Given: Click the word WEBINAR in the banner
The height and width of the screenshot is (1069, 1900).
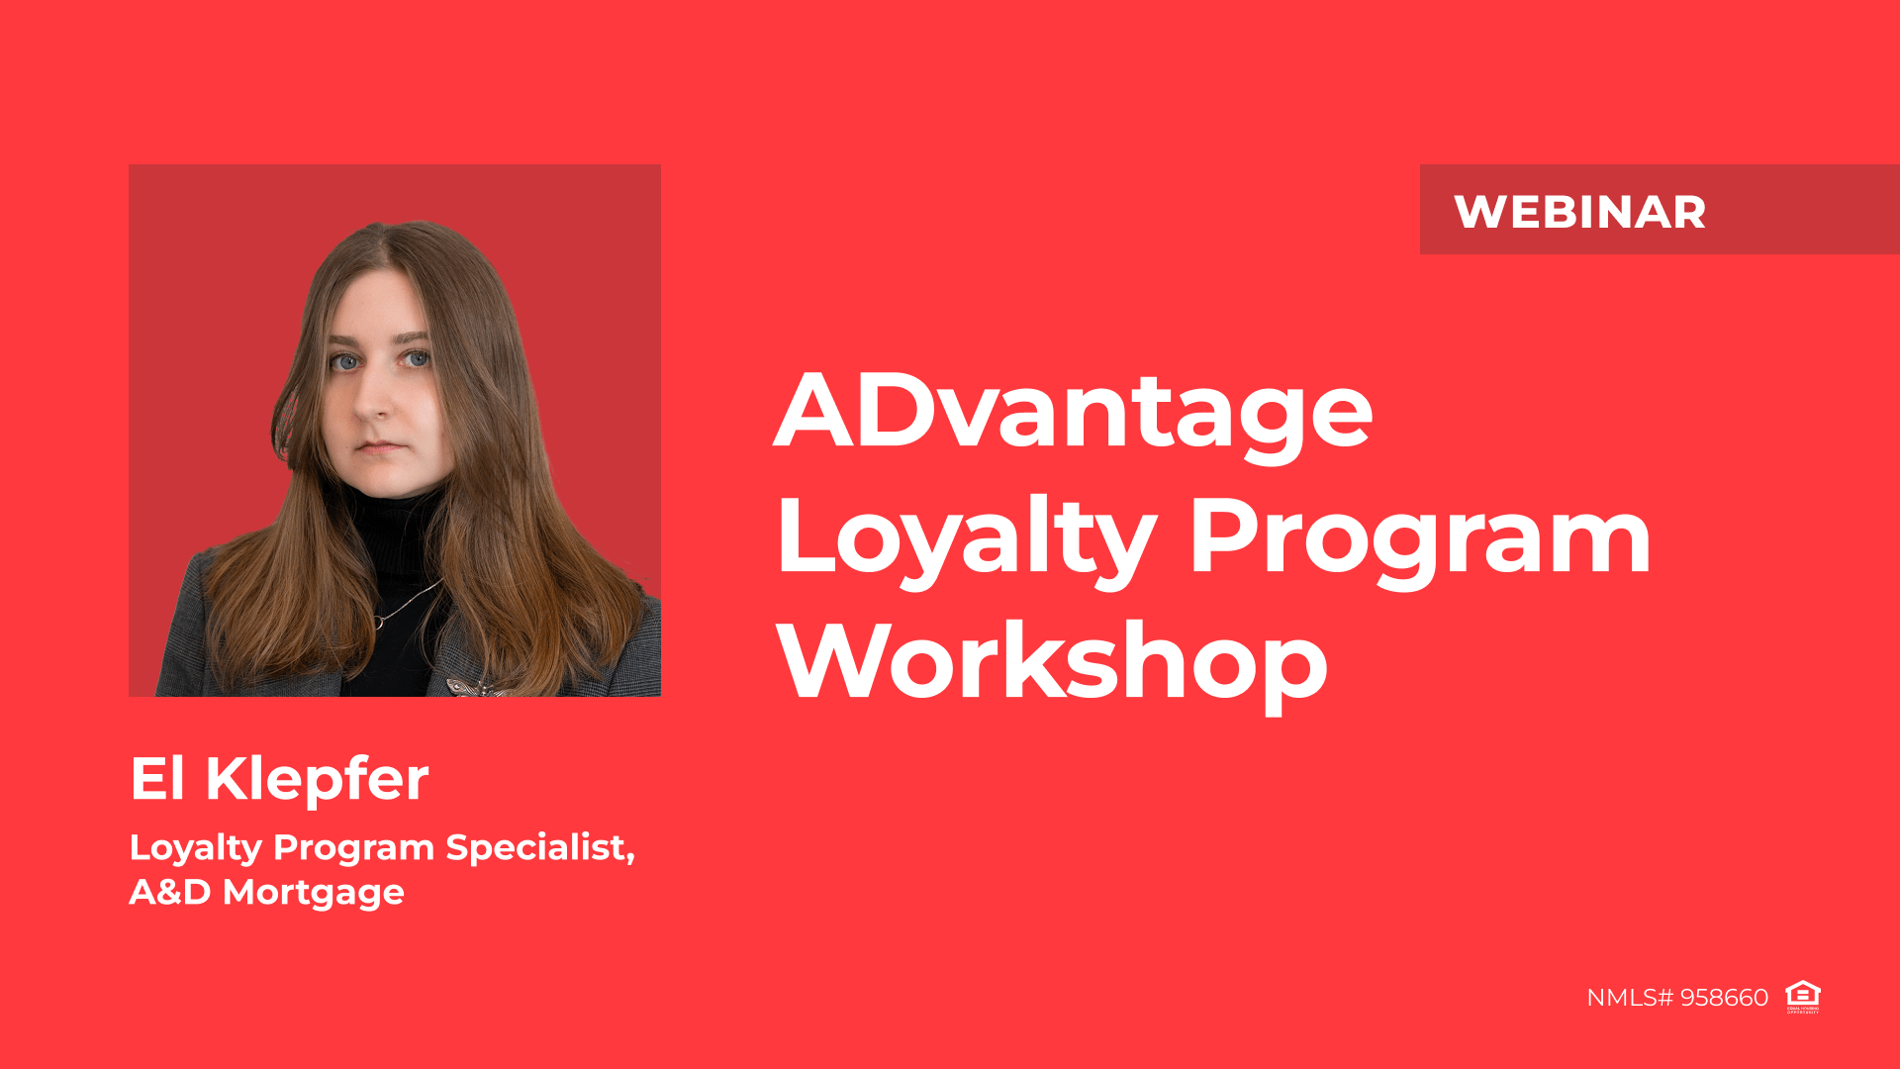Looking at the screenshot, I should click(1579, 212).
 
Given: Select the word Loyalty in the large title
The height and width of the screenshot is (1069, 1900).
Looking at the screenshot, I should click(966, 539).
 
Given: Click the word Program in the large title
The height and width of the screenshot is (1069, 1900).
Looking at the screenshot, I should click(1419, 539).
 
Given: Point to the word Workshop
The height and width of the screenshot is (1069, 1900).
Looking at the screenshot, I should click(1052, 661).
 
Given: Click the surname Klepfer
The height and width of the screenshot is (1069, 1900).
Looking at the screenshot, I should click(317, 778).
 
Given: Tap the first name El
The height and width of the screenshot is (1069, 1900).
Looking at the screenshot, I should click(157, 778).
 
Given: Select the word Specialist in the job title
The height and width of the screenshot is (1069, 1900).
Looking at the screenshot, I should click(539, 847).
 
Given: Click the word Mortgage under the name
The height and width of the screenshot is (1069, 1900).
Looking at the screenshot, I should click(313, 893).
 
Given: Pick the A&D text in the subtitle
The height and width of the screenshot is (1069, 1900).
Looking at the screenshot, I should click(169, 893).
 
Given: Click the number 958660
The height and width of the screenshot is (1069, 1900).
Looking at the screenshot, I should click(1724, 998).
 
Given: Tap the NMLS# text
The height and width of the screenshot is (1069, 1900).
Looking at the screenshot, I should click(1629, 998).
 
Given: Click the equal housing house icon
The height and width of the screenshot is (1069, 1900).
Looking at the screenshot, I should click(1802, 996).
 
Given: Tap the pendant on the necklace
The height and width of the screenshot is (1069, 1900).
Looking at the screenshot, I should click(378, 623).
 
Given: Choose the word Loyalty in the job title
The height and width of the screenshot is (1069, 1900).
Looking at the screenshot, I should click(195, 847).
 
